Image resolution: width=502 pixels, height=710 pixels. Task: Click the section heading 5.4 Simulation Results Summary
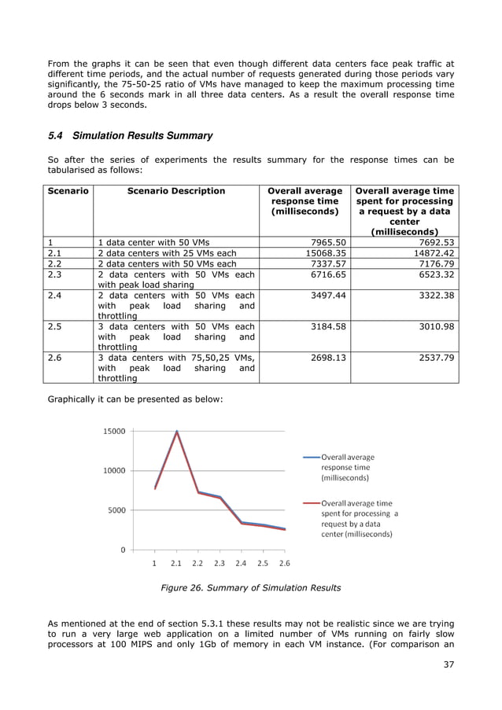coord(131,136)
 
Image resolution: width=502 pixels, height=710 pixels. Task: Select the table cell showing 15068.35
coord(326,253)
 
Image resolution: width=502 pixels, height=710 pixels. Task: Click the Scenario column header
coord(68,191)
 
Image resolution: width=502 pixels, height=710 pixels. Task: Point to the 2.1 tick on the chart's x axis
coord(176,563)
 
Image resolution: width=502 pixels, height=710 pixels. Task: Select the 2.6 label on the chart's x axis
coord(284,563)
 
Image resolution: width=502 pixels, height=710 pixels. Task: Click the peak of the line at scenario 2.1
coord(177,431)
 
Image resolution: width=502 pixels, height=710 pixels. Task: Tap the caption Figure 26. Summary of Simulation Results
coord(250,587)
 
